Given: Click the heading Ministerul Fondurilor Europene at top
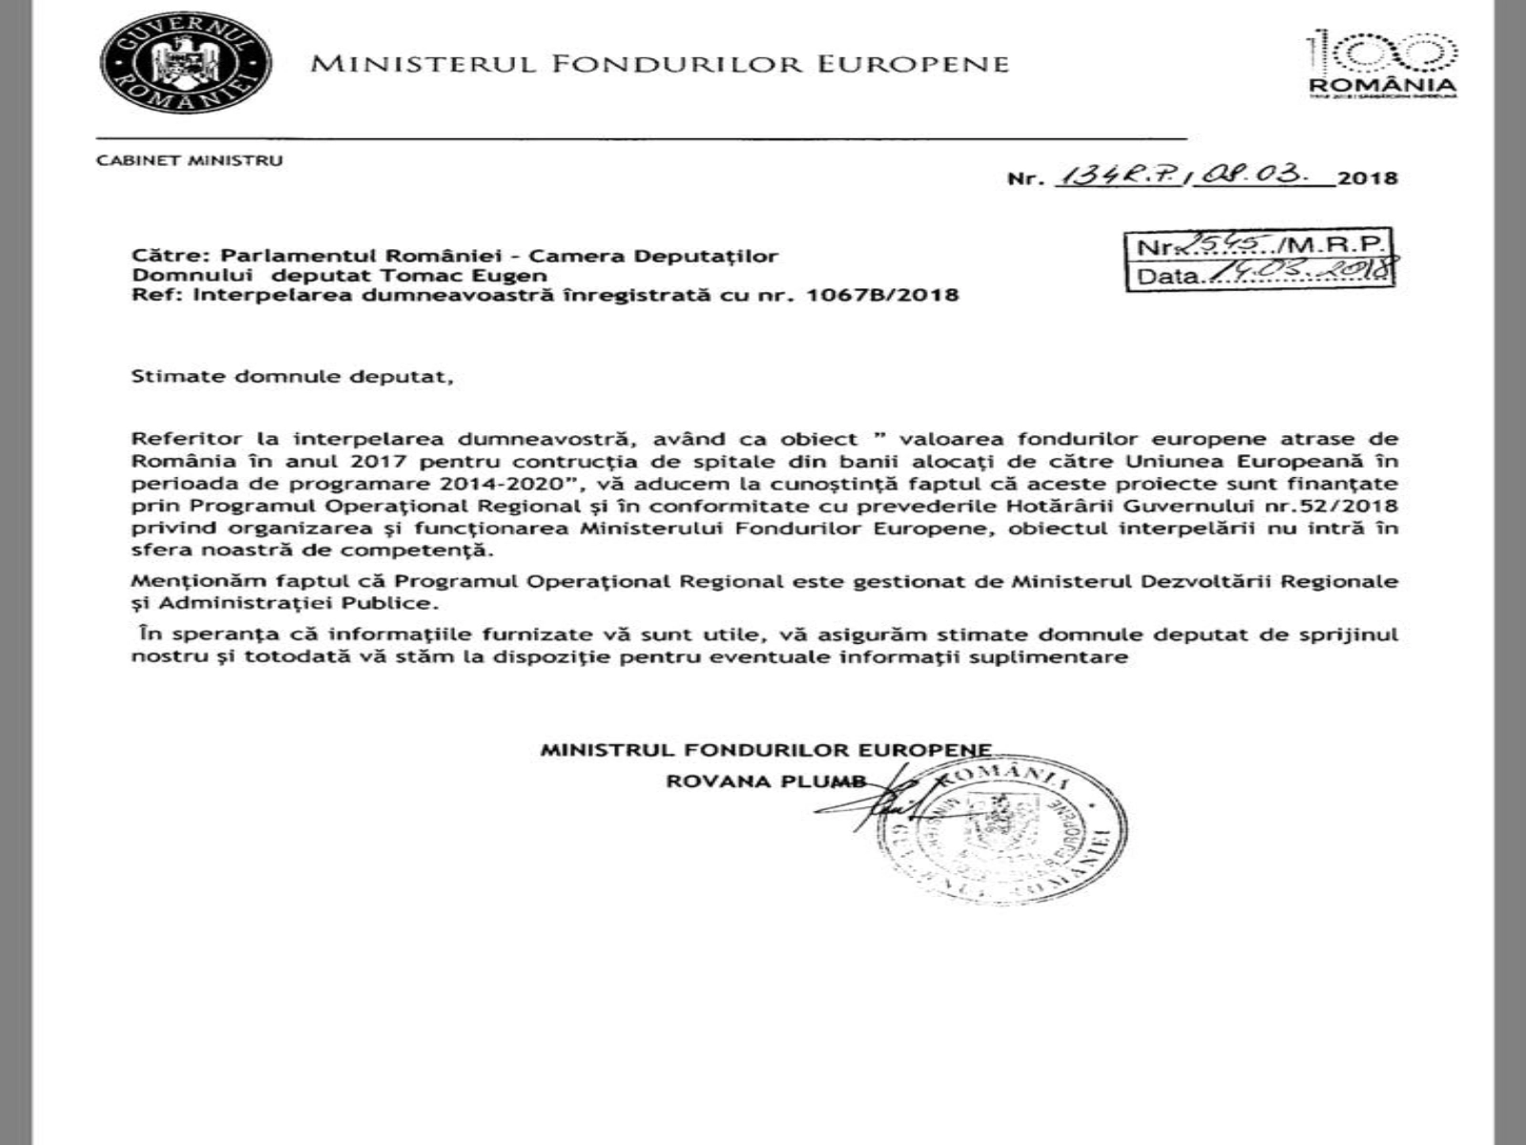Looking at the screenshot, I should pyautogui.click(x=660, y=64).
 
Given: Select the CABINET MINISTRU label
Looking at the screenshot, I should pyautogui.click(x=190, y=160).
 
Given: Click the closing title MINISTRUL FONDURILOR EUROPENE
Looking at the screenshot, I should pyautogui.click(x=766, y=750).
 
